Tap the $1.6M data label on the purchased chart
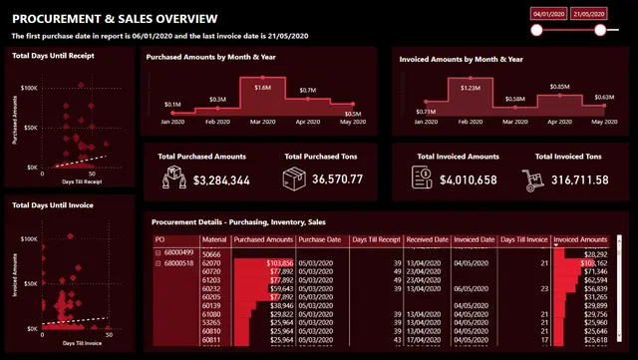click(262, 88)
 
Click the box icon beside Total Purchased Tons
click(294, 179)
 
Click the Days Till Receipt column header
click(374, 240)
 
